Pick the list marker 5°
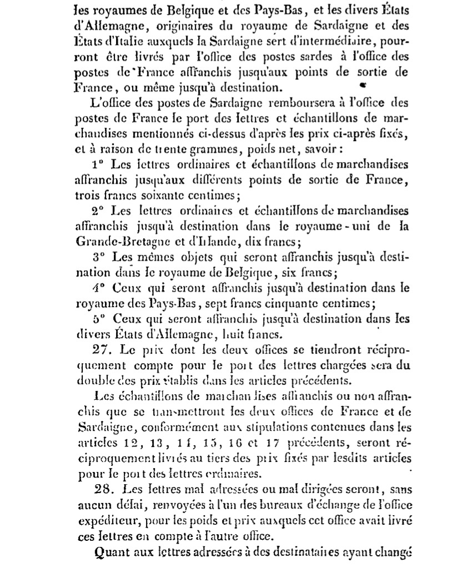tap(100, 319)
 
